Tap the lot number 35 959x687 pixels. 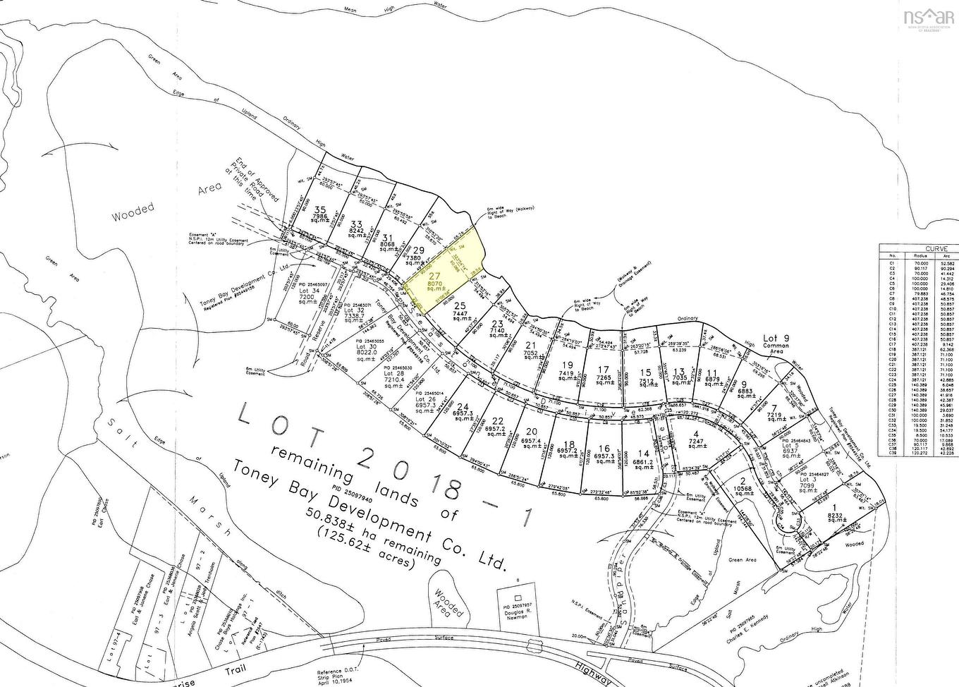coord(321,209)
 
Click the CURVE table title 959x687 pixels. coord(936,248)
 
